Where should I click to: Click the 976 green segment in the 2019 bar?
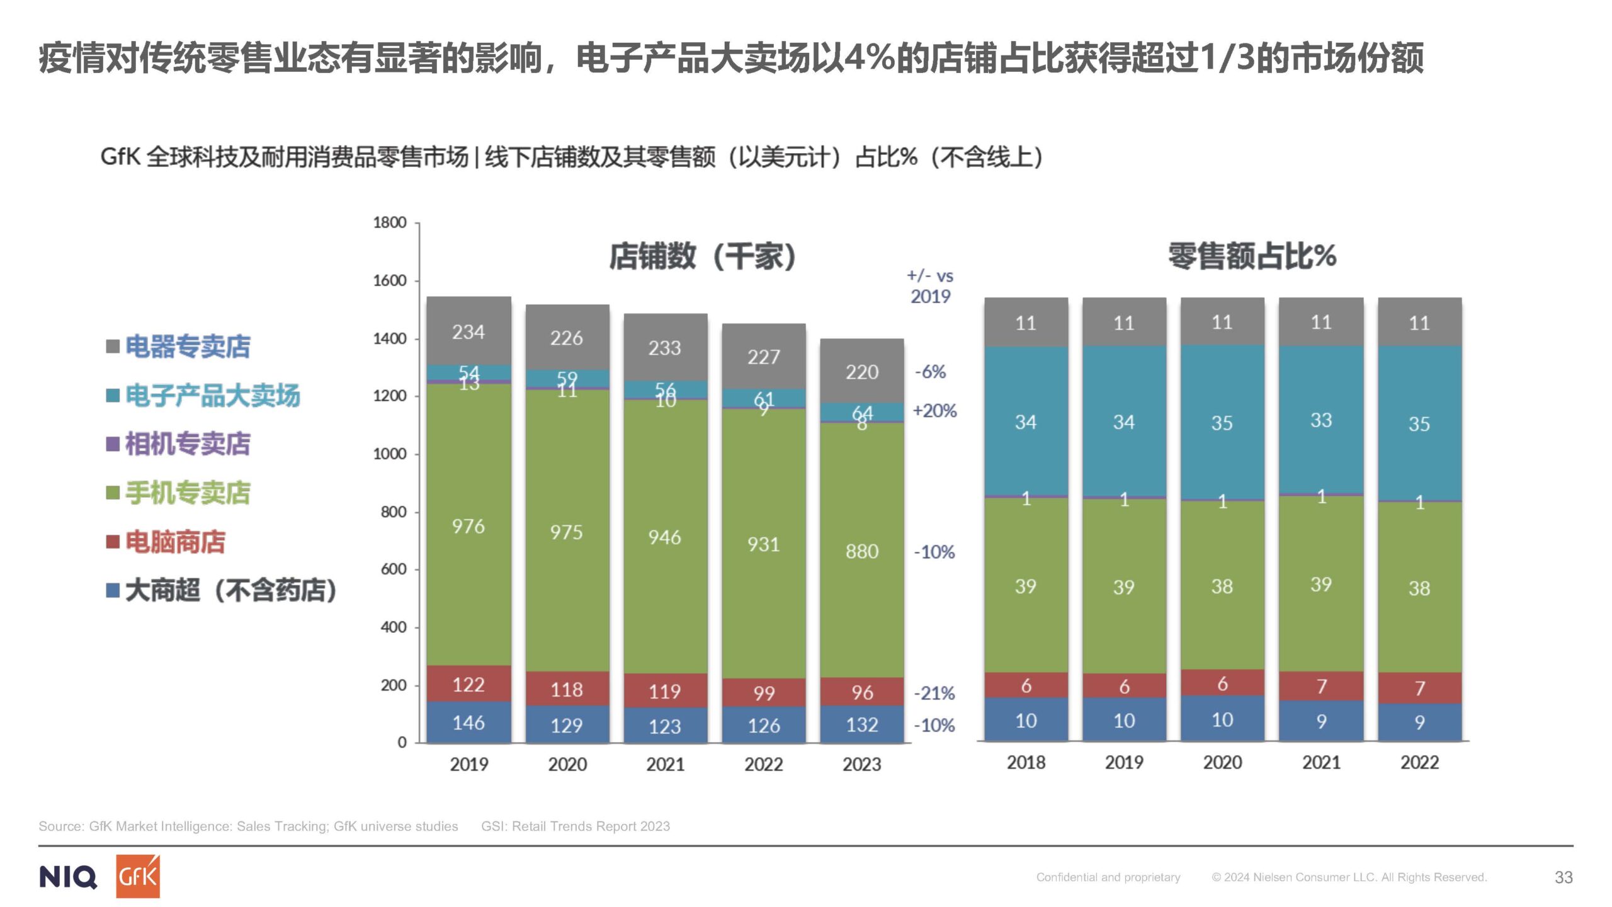468,525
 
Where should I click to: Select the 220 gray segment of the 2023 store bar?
861,372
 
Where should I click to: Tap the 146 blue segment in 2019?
468,722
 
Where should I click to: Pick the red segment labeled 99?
763,693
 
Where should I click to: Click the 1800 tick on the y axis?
390,222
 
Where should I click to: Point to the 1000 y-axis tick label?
390,453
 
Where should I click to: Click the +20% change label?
934,411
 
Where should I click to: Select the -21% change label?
934,693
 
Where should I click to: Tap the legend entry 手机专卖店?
187,493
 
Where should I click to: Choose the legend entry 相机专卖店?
187,443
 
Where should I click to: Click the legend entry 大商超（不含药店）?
230,590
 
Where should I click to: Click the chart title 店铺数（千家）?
703,256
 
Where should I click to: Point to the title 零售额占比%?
1252,256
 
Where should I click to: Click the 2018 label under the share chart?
1026,762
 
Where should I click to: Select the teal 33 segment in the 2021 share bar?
1321,420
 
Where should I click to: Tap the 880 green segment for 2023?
861,551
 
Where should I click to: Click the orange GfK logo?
138,876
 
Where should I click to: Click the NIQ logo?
68,877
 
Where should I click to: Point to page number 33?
1564,877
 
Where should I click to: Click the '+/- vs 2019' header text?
930,286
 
